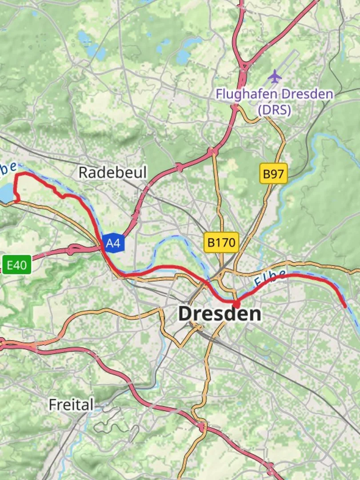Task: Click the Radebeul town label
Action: [x=112, y=172]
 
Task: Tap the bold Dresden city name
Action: [x=220, y=314]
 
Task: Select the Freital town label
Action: [x=71, y=404]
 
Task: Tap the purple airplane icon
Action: [x=275, y=76]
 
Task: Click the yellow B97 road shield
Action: [x=273, y=174]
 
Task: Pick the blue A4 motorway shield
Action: [x=113, y=243]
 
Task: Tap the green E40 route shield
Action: [x=17, y=266]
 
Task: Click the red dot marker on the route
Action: [x=236, y=304]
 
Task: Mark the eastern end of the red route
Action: [x=345, y=306]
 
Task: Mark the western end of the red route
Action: [x=17, y=201]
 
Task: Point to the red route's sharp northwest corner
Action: [x=17, y=175]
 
